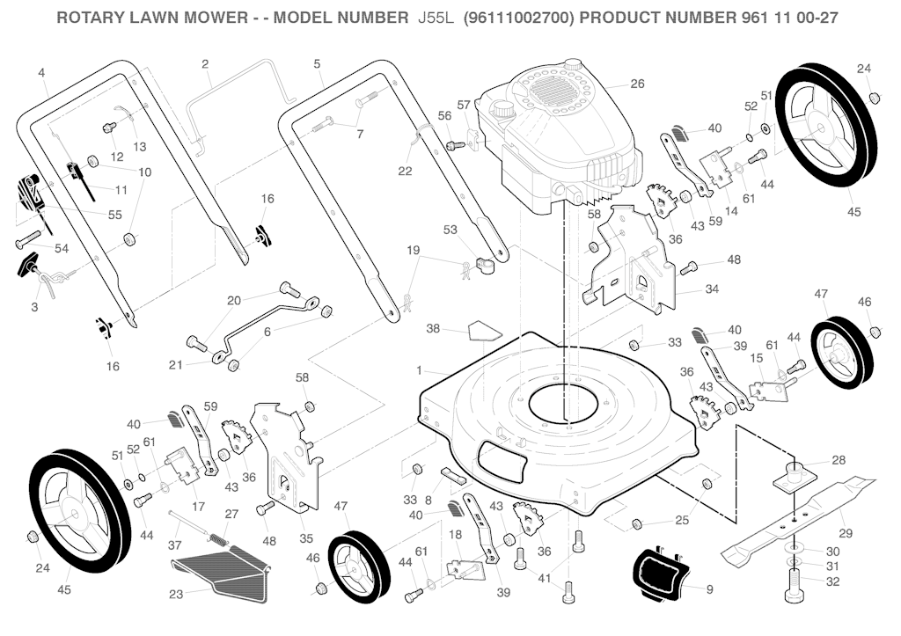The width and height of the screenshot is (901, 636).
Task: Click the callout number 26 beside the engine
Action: (637, 84)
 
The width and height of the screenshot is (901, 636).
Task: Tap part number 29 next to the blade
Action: (846, 534)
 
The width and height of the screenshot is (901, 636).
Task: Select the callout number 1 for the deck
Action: (420, 369)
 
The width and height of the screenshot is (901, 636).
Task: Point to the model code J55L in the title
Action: (435, 18)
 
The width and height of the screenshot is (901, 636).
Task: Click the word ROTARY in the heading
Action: (92, 18)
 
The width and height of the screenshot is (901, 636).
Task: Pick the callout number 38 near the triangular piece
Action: (433, 329)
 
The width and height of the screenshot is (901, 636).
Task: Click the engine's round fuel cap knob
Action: (502, 112)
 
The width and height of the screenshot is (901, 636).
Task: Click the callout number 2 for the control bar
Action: (205, 63)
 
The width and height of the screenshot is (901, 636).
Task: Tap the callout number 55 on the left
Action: (115, 215)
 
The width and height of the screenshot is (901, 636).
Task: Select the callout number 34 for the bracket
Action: (711, 289)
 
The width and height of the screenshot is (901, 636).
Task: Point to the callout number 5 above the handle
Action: (316, 63)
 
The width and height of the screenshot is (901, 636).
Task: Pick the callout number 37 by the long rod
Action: (174, 545)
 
